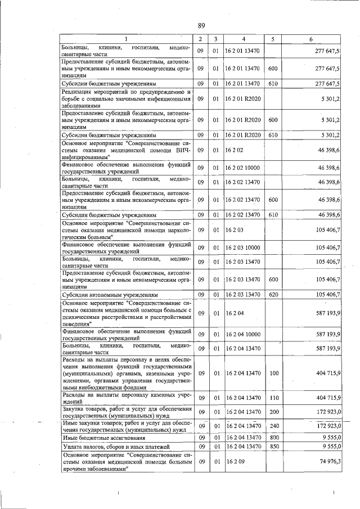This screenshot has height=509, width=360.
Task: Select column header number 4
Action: click(x=244, y=38)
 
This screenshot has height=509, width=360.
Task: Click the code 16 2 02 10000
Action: click(x=244, y=168)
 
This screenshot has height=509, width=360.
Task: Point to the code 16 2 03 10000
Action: click(x=244, y=247)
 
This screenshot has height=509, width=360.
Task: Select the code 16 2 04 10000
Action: click(x=244, y=334)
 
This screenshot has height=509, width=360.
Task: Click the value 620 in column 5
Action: click(x=273, y=295)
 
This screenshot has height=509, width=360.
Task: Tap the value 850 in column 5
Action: click(x=273, y=447)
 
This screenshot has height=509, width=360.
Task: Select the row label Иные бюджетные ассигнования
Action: click(x=104, y=437)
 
